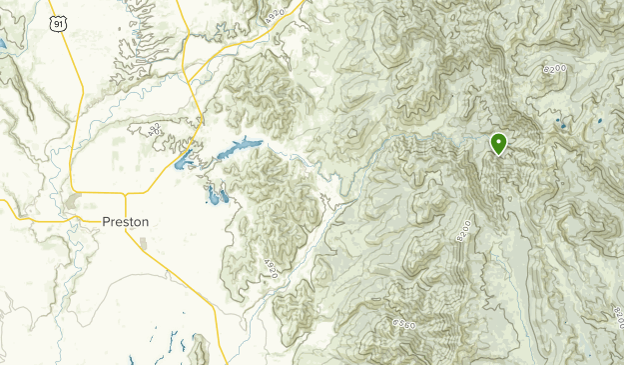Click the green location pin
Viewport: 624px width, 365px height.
click(x=498, y=144)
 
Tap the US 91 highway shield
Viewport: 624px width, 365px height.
click(x=61, y=22)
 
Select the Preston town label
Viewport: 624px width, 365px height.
click(x=127, y=222)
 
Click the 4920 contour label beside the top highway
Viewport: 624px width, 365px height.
click(x=276, y=13)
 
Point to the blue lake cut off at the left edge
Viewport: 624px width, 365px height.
click(x=3, y=45)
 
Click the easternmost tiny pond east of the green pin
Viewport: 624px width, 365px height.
click(x=600, y=123)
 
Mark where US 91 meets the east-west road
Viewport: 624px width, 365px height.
click(x=73, y=190)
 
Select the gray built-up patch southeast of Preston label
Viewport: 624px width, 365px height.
click(x=143, y=244)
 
